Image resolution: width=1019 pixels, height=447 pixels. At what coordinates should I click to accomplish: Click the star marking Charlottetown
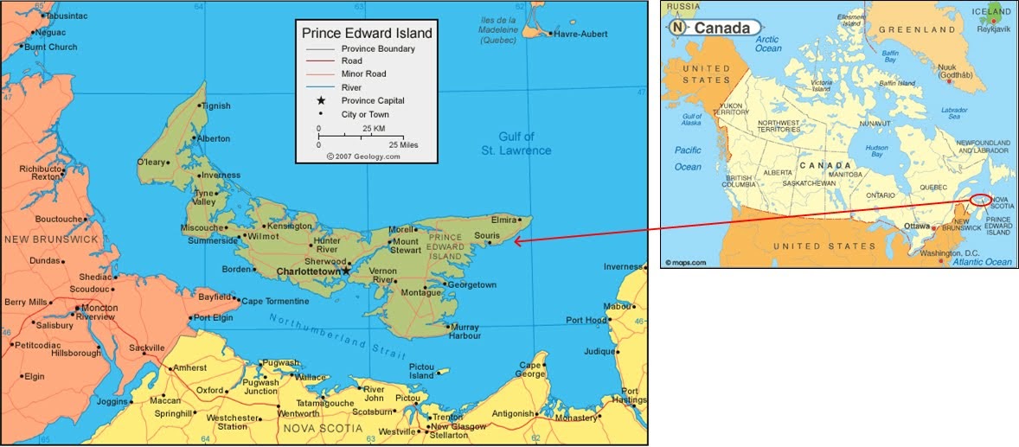346,271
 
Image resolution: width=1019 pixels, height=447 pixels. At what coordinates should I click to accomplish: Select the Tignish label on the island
215,106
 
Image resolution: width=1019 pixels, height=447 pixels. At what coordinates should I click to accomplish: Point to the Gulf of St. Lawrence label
516,144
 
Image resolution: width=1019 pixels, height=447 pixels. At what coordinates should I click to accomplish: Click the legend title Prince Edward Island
367,33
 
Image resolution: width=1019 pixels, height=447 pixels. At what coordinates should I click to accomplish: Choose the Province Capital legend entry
372,100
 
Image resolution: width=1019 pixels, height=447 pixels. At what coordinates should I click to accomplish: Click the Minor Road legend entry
363,74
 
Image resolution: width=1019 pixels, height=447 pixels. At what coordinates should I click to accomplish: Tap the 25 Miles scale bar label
402,144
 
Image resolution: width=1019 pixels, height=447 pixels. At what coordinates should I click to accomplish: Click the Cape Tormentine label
274,301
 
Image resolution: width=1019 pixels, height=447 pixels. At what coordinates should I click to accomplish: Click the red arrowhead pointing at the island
518,241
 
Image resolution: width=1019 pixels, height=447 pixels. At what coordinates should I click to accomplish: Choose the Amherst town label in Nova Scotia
189,367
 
